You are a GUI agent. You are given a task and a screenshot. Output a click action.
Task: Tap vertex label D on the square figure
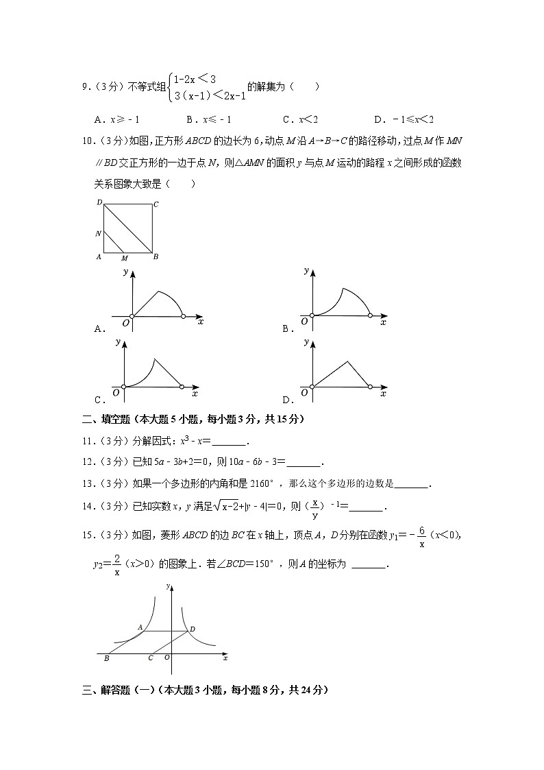coord(99,203)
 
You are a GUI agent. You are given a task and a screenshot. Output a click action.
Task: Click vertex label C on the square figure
coord(156,204)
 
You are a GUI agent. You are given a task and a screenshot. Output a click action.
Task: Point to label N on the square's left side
coord(99,234)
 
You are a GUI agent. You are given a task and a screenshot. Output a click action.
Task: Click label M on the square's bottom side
coord(124,258)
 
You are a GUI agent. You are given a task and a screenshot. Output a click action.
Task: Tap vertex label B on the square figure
coord(156,256)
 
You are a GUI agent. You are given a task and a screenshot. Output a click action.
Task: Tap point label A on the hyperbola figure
coord(140,627)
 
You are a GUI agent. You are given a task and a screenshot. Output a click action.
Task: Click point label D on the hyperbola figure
coord(193,628)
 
